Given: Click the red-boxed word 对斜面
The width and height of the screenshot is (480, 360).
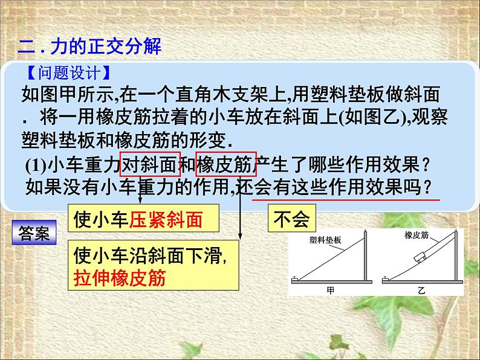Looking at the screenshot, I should point(151,163).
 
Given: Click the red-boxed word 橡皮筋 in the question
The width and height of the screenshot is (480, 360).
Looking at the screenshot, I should point(227,163).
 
